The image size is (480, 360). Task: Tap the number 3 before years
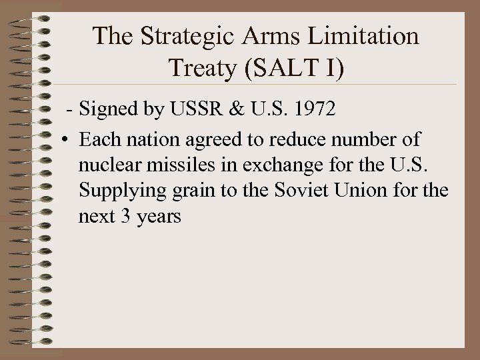coord(124,217)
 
